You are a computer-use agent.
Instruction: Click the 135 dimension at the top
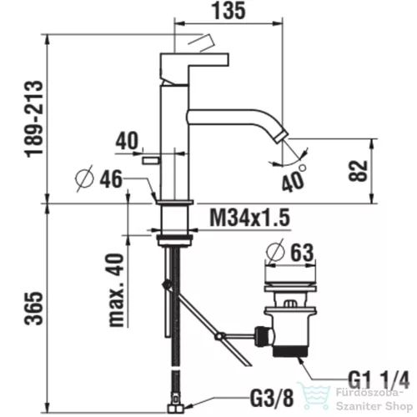point(229,11)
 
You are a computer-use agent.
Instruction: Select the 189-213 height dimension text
point(35,119)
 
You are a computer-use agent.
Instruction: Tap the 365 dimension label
point(34,308)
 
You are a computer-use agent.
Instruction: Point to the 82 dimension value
point(358,171)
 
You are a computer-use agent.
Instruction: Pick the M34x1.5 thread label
point(250,218)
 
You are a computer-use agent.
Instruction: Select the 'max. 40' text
point(116,289)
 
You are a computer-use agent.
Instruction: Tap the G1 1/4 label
point(379,380)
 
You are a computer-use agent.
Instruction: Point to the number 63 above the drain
point(302,252)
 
